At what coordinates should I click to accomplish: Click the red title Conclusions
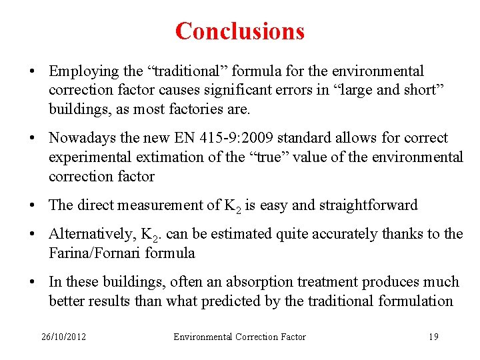[240, 31]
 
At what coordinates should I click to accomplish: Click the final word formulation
[415, 301]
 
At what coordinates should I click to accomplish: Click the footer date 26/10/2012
[63, 337]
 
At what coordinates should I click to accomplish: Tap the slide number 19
[433, 337]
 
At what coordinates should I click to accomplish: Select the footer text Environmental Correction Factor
[239, 337]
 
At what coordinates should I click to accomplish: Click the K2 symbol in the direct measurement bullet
[231, 207]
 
